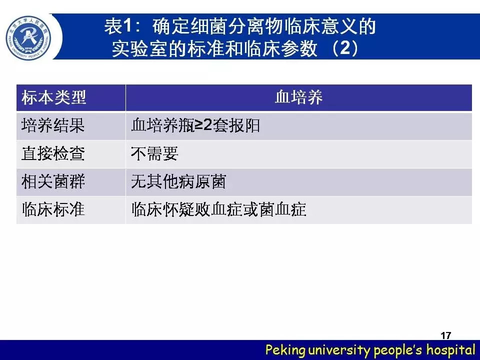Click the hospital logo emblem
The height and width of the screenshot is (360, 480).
coord(28,38)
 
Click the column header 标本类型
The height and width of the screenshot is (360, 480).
coord(54,97)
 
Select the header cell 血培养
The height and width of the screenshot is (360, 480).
coord(299,97)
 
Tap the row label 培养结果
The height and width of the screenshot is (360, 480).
coord(53,125)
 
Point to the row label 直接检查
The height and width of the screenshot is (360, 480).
coord(53,153)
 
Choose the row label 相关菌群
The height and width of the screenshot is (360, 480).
coord(53,181)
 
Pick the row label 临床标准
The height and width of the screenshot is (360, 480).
coord(53,209)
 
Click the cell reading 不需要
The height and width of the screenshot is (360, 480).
coord(154,153)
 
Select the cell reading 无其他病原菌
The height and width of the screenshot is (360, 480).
coord(178,181)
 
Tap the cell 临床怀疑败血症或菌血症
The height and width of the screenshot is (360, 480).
coord(218,209)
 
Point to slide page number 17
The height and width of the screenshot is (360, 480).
coord(446,335)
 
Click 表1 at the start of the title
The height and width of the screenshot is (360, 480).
coord(118,26)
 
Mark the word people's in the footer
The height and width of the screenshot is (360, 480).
coord(398,350)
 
